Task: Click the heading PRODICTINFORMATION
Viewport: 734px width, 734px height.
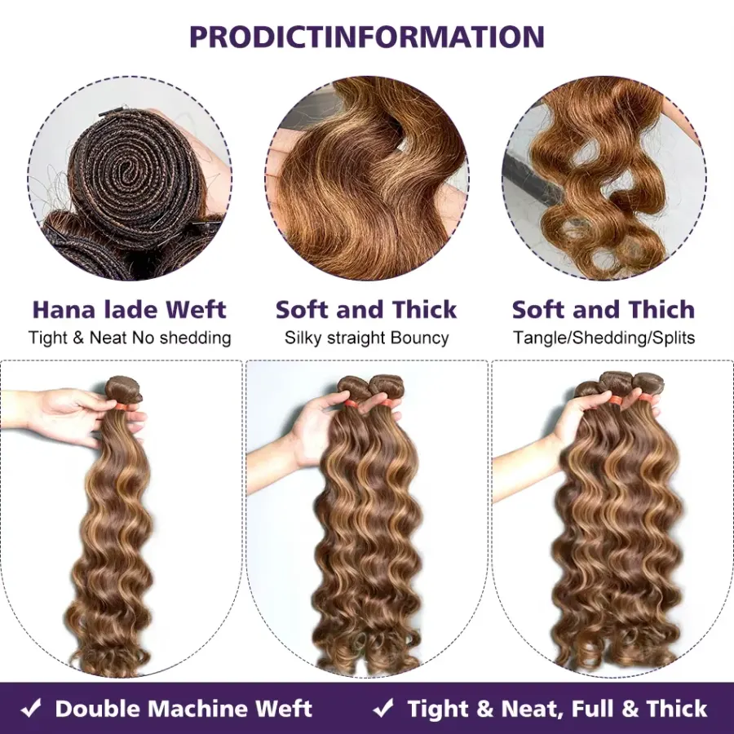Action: [x=367, y=37]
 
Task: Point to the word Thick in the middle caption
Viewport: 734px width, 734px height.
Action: [x=424, y=309]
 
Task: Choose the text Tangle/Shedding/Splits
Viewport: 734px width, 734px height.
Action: [x=604, y=338]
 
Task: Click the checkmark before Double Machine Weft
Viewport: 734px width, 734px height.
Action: [x=31, y=708]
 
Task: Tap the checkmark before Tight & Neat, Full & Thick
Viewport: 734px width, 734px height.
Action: [x=383, y=708]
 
